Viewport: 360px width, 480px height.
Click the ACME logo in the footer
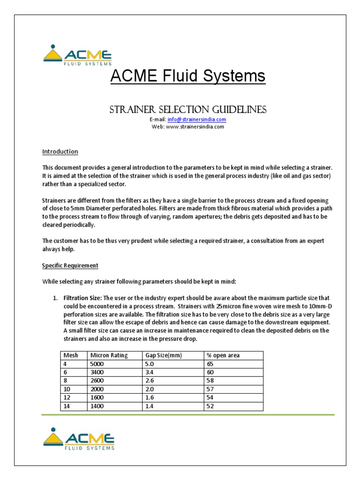(78, 439)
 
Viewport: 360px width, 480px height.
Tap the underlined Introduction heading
(60, 152)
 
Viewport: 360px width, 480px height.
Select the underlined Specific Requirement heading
(70, 265)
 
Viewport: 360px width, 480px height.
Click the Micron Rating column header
(109, 355)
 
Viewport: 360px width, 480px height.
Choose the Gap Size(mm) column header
(164, 355)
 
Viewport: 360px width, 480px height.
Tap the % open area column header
(223, 355)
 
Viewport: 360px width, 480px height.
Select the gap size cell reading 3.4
(150, 372)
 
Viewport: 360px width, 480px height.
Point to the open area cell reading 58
(210, 381)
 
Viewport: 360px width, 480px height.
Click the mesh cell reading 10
(66, 389)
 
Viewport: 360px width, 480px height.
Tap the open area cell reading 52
(210, 406)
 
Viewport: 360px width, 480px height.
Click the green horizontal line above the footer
(187, 415)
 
